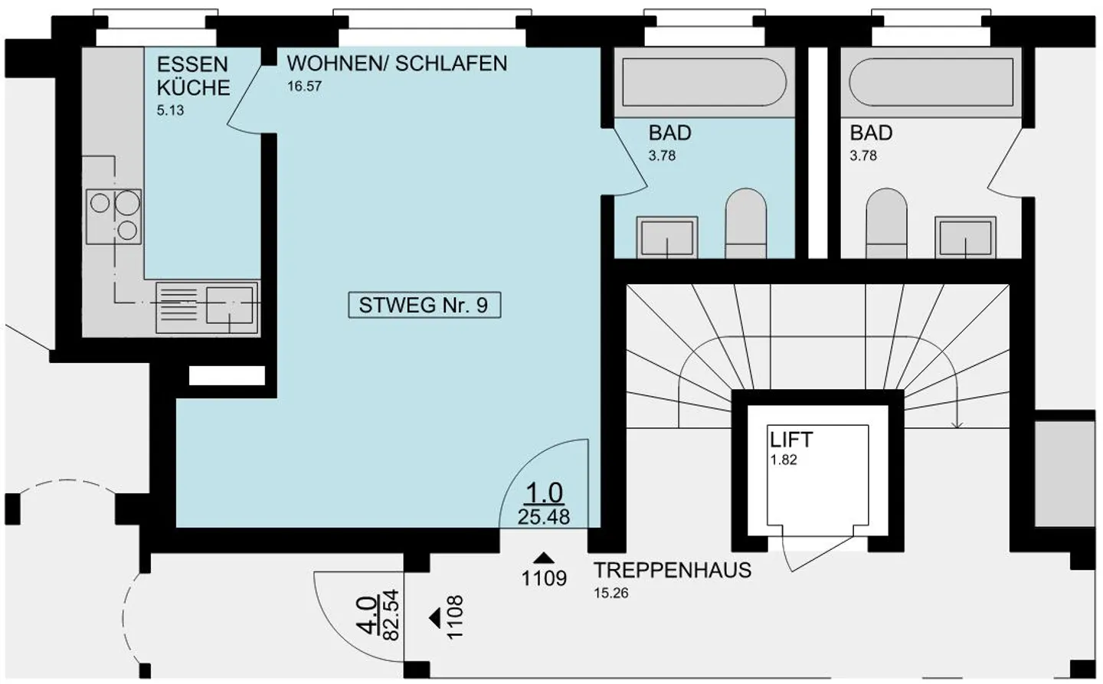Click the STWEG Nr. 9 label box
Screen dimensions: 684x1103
click(x=424, y=305)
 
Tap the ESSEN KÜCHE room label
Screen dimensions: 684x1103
click(x=193, y=76)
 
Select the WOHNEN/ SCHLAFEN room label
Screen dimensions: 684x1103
click(x=397, y=64)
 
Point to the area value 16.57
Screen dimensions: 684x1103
click(x=304, y=87)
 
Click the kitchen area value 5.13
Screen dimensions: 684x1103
click(x=170, y=110)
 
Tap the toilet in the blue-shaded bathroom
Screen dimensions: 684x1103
click(x=745, y=222)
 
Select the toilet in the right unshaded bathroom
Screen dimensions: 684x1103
click(x=886, y=222)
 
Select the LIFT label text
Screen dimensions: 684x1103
click(x=791, y=440)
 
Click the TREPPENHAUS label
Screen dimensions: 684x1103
click(x=673, y=571)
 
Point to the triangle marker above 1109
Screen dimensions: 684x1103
click(x=544, y=558)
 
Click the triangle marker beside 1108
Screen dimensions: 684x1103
click(x=435, y=617)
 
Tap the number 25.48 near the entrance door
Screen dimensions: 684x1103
click(x=543, y=517)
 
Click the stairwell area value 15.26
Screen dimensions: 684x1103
click(x=610, y=593)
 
